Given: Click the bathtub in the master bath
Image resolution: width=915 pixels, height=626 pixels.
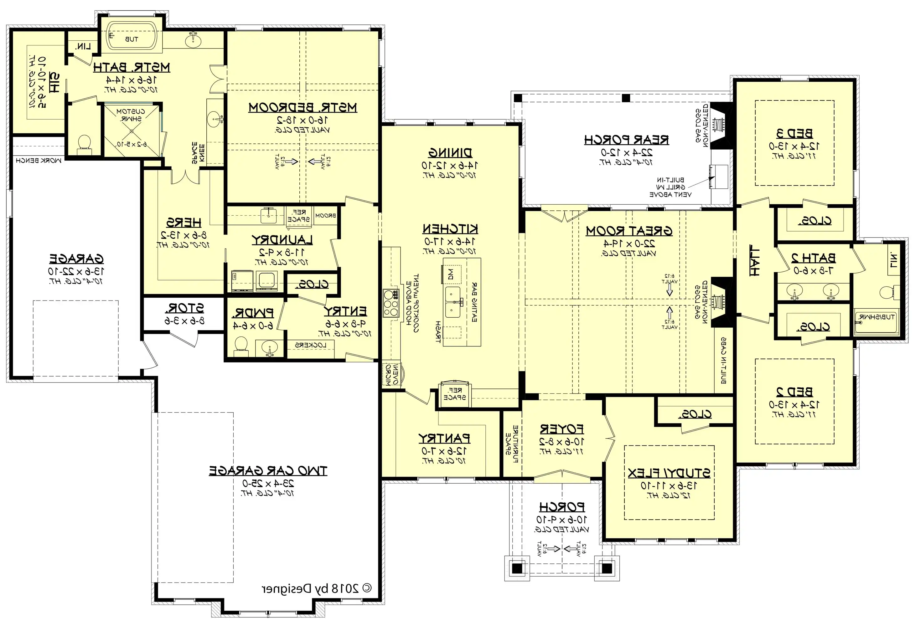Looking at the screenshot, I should click(132, 37).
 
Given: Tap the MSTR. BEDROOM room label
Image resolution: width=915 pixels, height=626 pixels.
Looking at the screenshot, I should click(302, 107).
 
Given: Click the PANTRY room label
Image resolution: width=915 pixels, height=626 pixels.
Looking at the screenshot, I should click(444, 438).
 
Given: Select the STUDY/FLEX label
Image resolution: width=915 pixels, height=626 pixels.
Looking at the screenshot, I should click(669, 473).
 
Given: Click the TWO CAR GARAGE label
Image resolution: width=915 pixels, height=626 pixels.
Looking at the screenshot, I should click(268, 470).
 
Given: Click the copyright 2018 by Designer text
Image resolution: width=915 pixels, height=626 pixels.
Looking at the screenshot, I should click(317, 589).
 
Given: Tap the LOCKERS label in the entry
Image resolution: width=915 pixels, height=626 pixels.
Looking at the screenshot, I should click(311, 345).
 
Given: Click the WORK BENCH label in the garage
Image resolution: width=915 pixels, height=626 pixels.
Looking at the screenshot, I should click(38, 161).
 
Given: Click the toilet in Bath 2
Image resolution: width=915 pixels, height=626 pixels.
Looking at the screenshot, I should click(887, 292).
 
